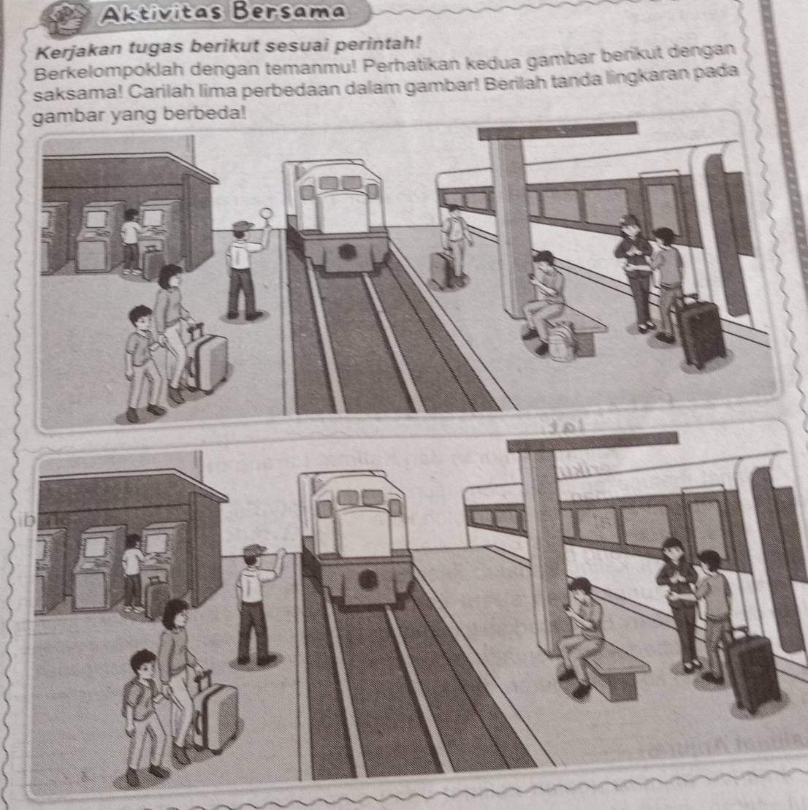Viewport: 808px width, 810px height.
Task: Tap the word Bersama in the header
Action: point(289,11)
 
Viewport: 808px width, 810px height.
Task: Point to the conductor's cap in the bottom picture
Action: point(254,550)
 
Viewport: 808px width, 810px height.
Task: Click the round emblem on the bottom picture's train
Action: point(367,578)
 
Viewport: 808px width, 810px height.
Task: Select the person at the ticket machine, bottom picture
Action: point(134,572)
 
